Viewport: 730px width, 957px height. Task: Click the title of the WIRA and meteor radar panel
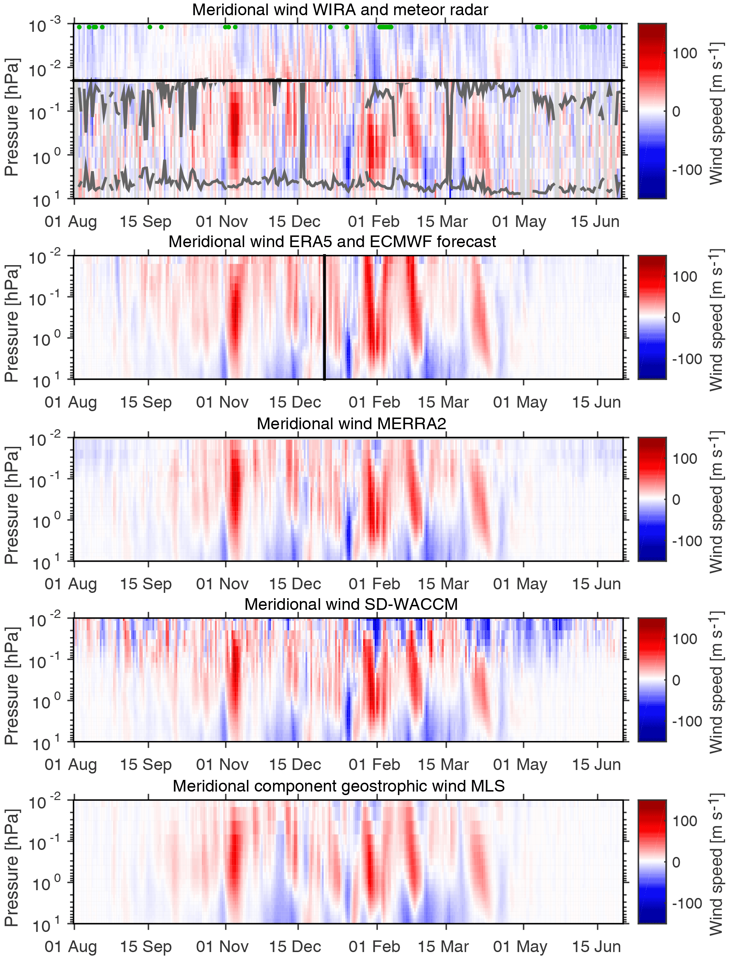pos(340,10)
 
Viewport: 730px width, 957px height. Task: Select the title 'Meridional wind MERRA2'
pos(351,423)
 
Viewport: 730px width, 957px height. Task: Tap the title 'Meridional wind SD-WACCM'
pos(351,604)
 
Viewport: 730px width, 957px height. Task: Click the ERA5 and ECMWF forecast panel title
pos(332,241)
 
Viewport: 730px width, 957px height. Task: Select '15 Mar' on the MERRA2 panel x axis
pos(443,584)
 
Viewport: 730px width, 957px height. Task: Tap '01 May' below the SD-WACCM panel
pos(520,764)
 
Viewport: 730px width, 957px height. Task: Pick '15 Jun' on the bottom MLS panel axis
pos(596,946)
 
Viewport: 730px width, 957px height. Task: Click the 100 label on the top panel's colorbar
pos(684,53)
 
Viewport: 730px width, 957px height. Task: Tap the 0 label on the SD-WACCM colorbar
pos(676,680)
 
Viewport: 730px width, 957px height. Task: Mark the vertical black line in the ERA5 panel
pos(325,317)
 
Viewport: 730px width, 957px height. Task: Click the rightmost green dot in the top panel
pos(609,27)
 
